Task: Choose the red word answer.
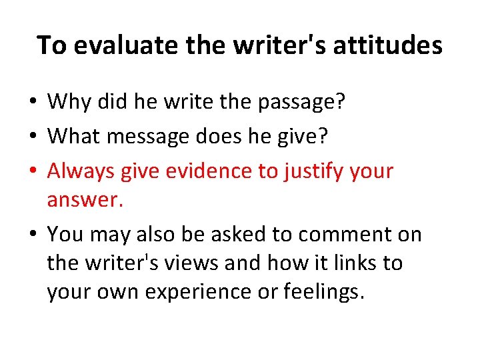84,201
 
